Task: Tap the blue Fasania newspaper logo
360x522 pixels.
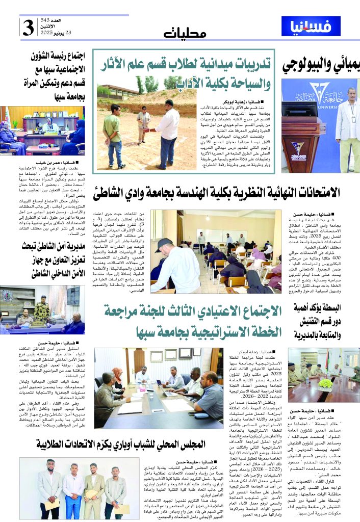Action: coord(311,26)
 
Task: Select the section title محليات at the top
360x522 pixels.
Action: coord(186,33)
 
